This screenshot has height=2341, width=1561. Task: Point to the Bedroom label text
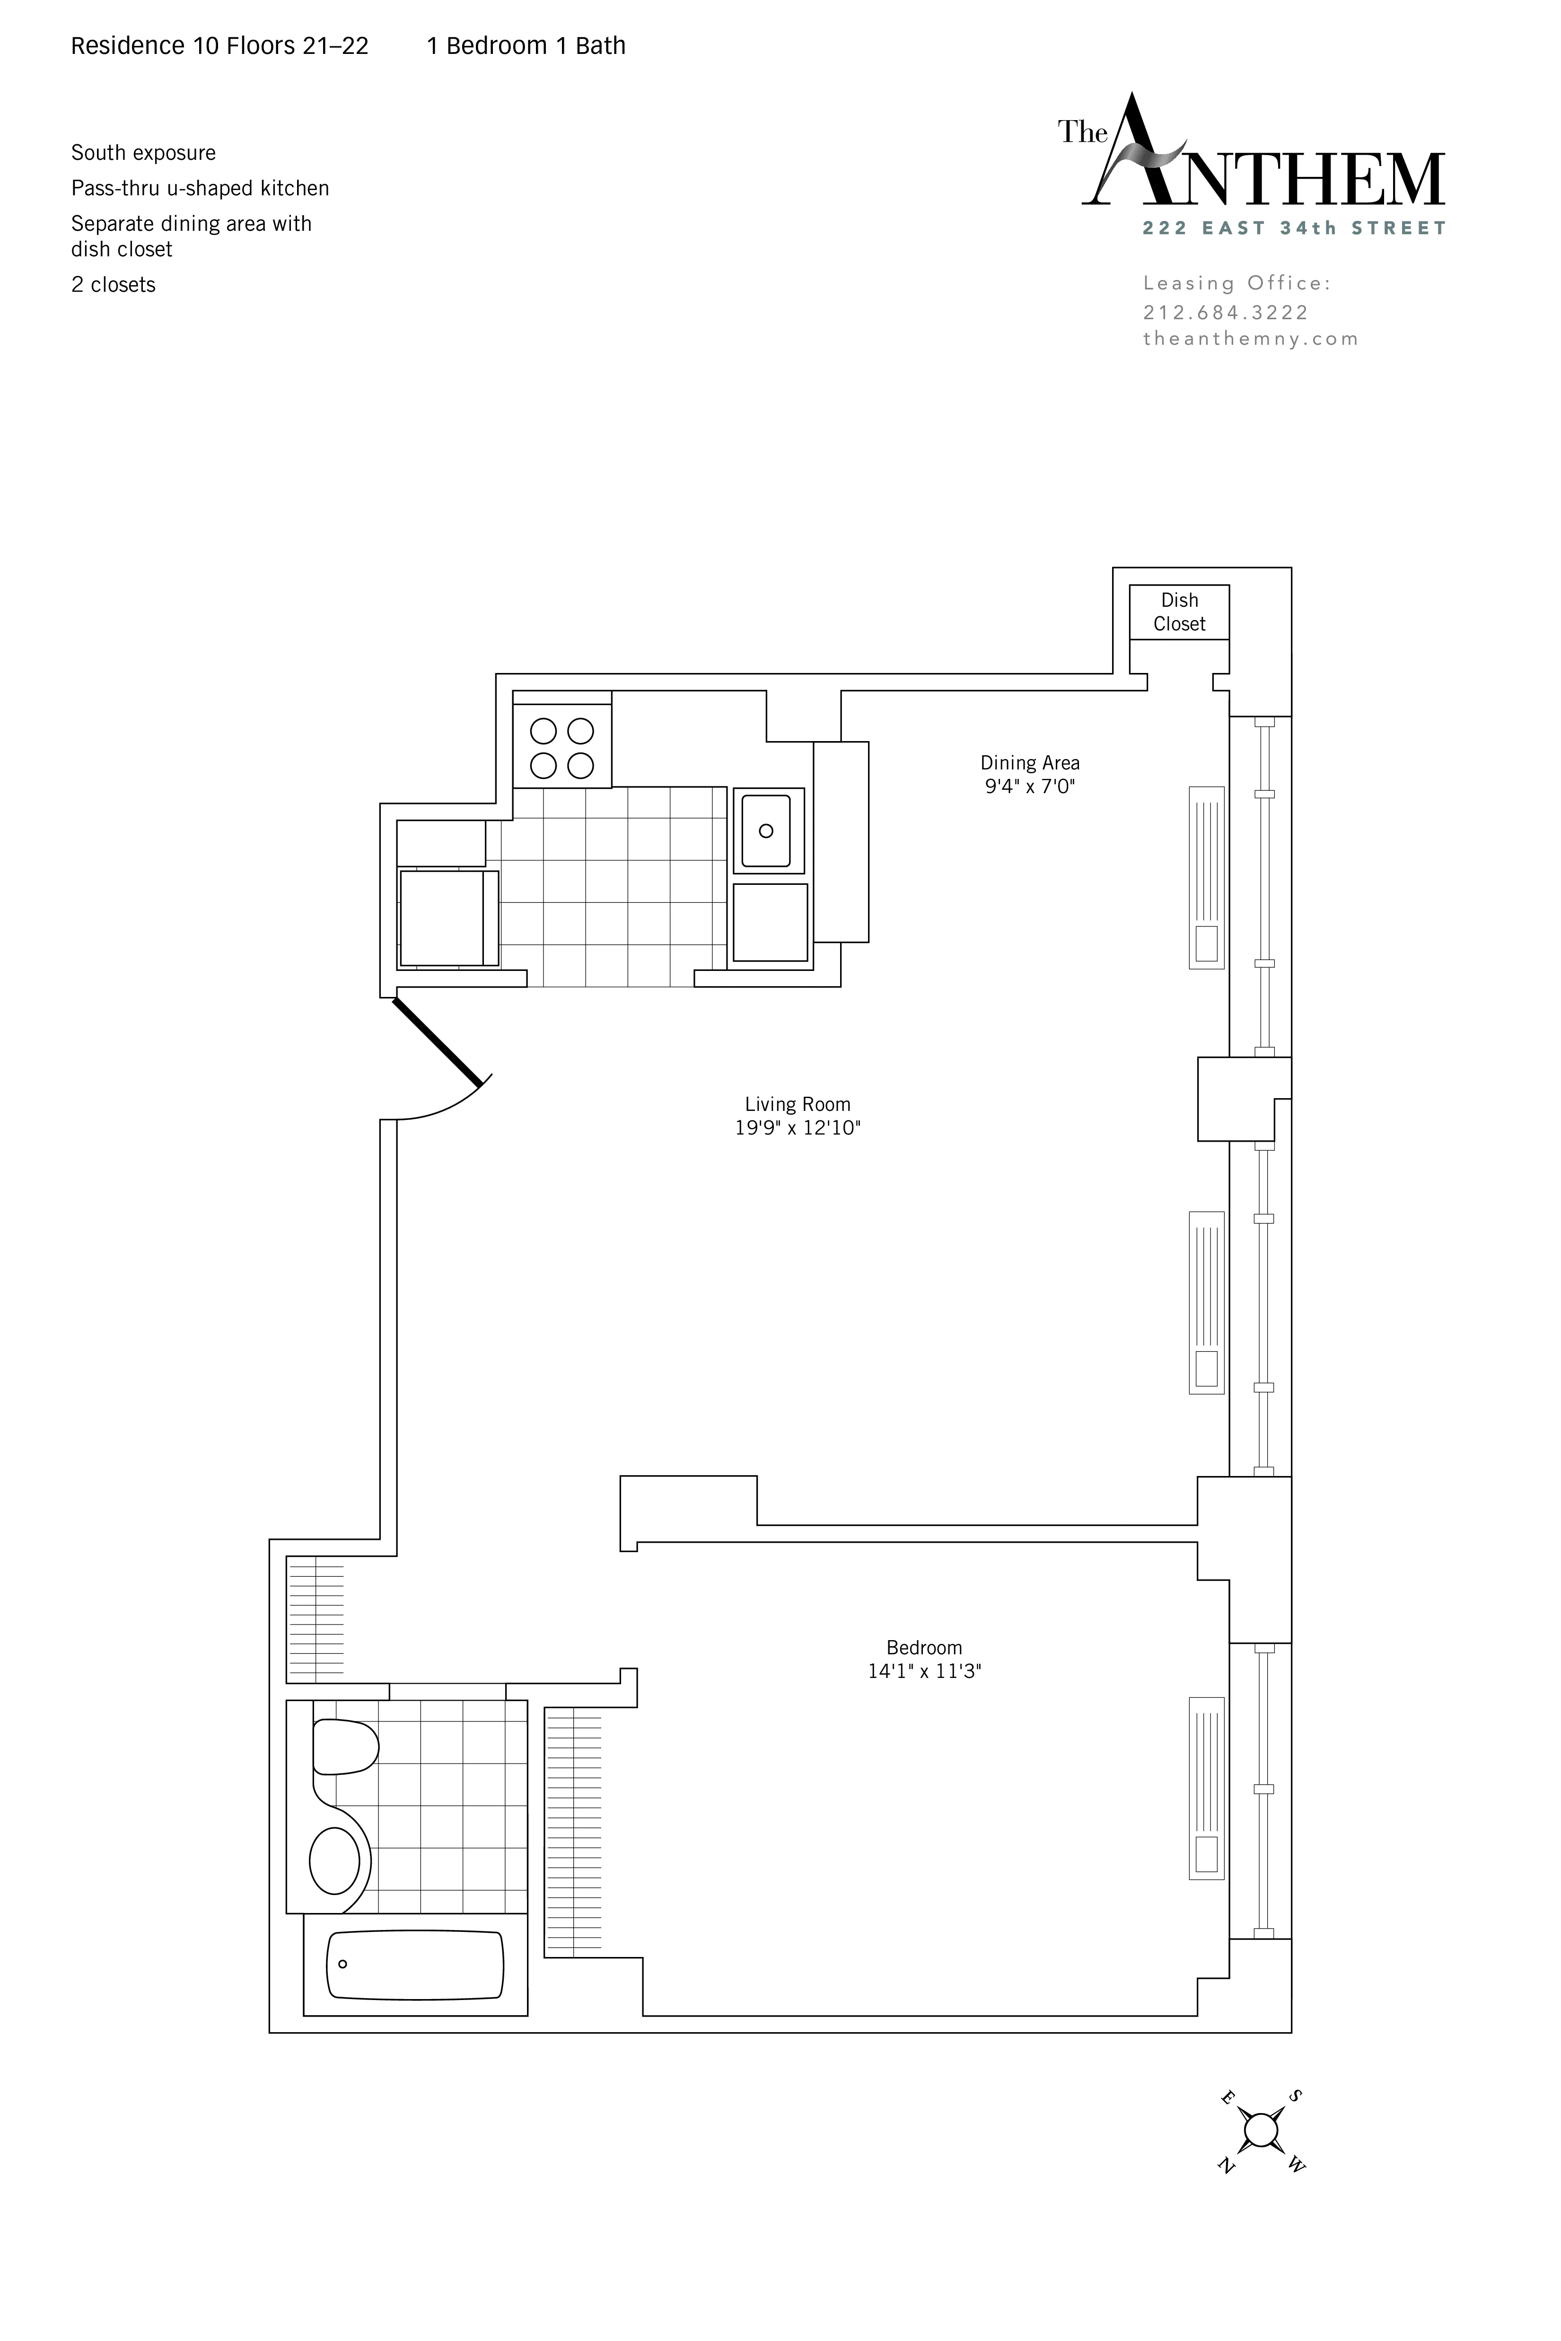(924, 1647)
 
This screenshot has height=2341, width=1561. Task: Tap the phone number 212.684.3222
(1226, 313)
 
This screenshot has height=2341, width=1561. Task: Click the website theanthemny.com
(1250, 339)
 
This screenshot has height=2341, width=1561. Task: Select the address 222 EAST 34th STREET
(1294, 228)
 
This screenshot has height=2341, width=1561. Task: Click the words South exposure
(143, 153)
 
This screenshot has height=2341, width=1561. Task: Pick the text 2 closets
(114, 285)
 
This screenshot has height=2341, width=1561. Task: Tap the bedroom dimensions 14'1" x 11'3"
(924, 1671)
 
